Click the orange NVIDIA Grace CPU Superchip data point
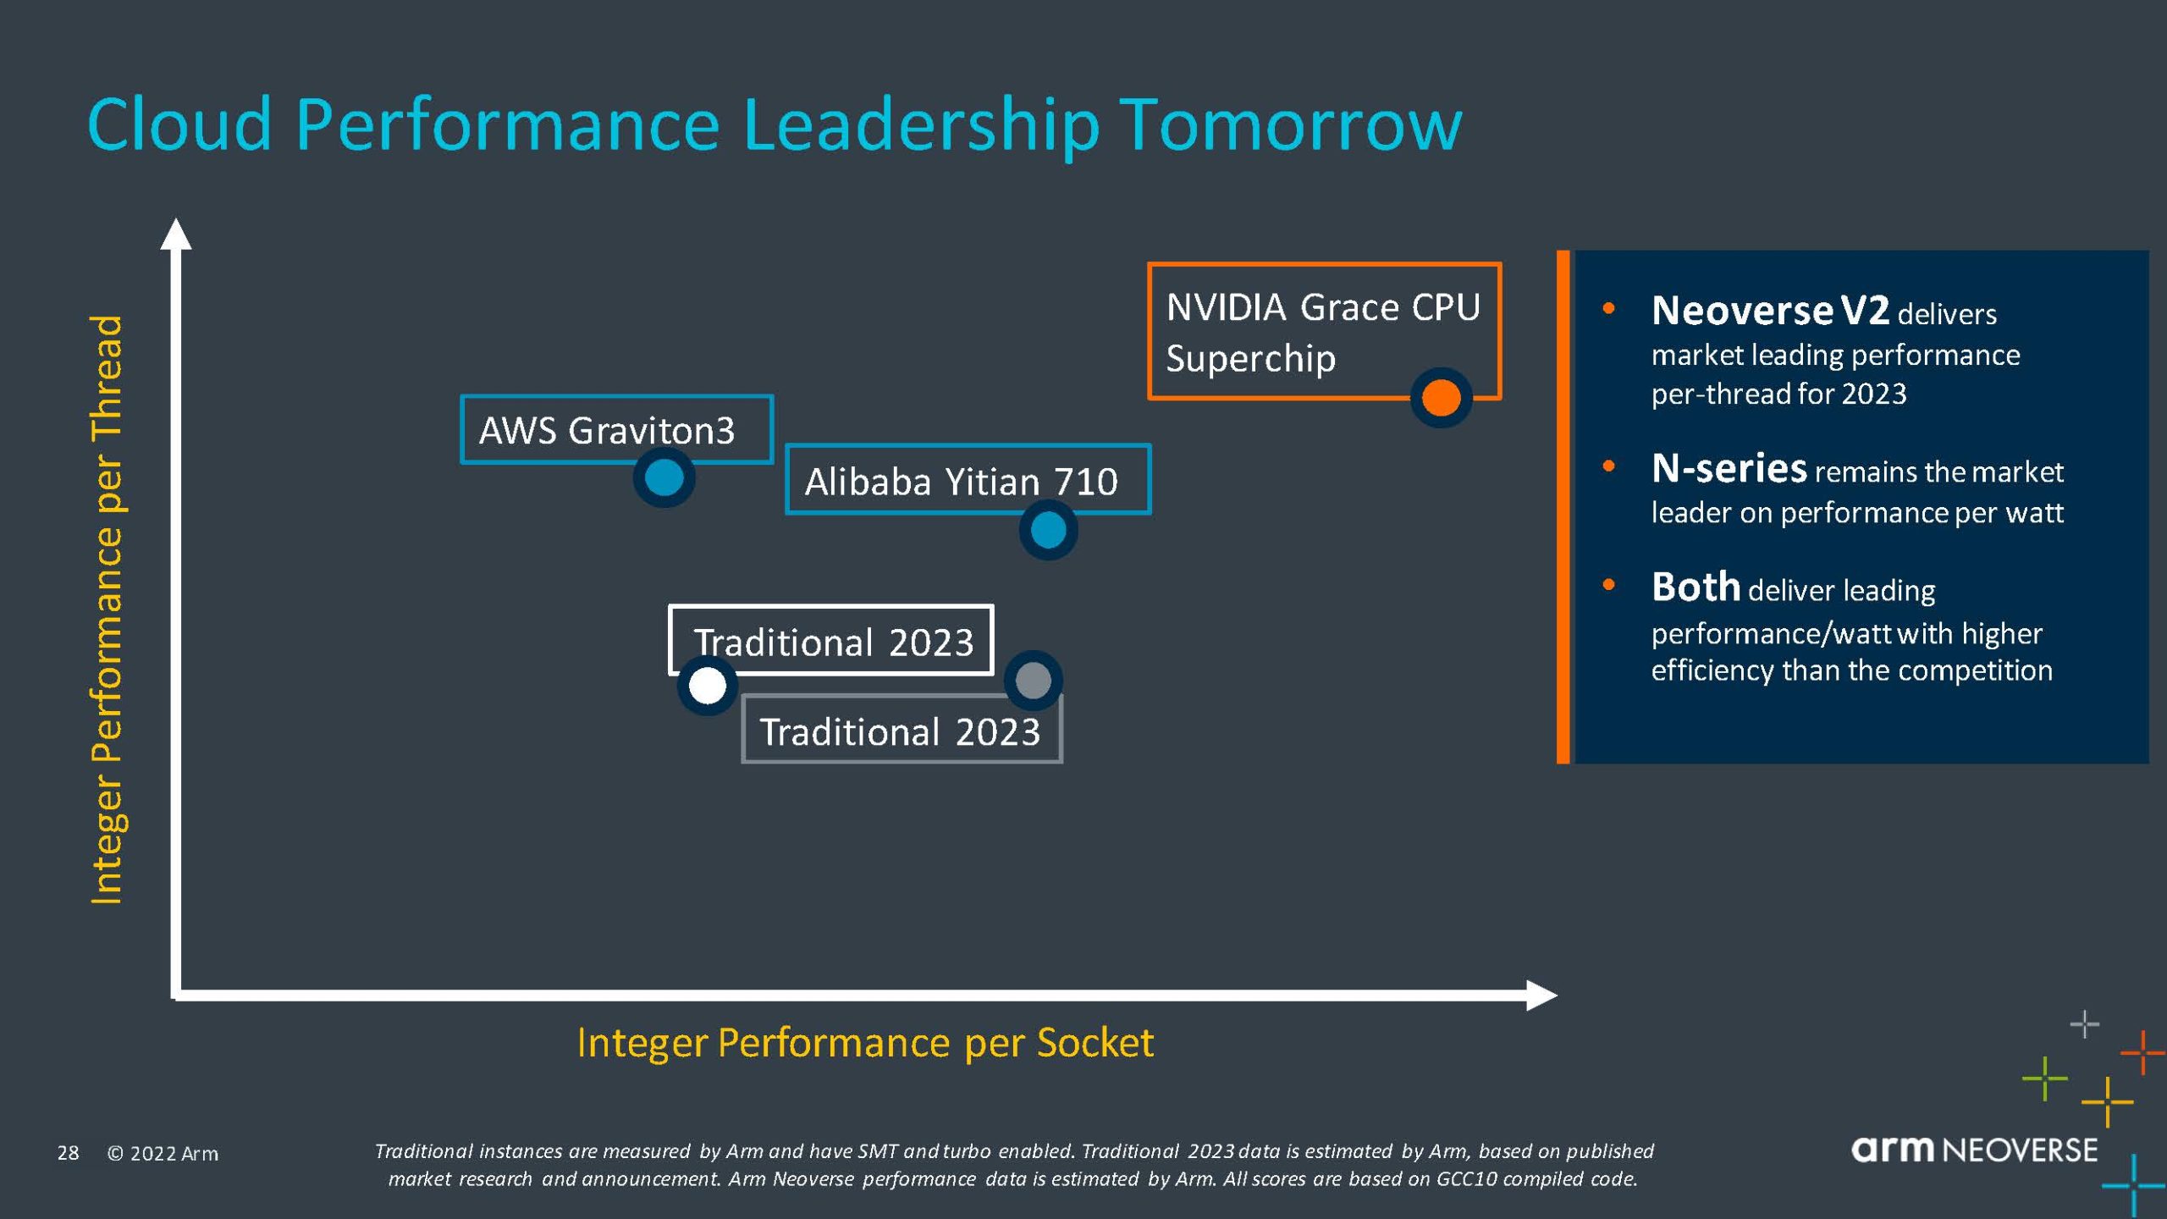point(1441,397)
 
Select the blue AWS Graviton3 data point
point(664,477)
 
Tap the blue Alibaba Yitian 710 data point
point(1048,531)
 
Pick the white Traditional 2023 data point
point(708,685)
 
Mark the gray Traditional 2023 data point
point(1033,680)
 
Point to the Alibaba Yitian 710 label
point(961,482)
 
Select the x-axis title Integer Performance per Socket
point(864,1042)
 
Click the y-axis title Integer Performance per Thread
point(107,609)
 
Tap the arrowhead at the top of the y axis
point(175,234)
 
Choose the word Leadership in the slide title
point(921,125)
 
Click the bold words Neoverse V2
point(1769,311)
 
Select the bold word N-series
point(1729,468)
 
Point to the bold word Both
point(1696,587)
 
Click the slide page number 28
point(68,1153)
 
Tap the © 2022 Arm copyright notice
point(163,1154)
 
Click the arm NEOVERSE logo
point(1974,1150)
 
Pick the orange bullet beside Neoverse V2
point(1608,308)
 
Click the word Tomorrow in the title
point(1293,125)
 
